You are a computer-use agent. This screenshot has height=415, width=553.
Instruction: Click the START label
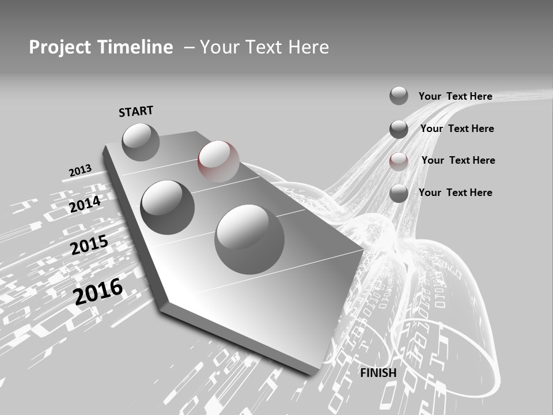point(136,111)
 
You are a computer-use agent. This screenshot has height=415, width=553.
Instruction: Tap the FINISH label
point(378,373)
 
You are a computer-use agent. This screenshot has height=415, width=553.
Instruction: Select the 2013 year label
point(80,170)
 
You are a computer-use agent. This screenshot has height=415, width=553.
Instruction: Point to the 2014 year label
point(85,204)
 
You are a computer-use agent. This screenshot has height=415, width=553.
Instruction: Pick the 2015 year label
point(89,245)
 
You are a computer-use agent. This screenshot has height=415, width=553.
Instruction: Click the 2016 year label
point(99,291)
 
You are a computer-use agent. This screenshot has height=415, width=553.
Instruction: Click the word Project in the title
point(59,47)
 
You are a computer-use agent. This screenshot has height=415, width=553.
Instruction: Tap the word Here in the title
point(308,47)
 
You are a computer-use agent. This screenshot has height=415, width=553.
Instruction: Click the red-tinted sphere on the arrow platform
point(218,161)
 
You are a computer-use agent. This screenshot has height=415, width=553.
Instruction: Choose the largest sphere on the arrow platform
point(249,239)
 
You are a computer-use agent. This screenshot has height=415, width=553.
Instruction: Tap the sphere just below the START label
point(141,142)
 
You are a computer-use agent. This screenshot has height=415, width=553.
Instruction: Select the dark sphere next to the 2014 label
point(168,207)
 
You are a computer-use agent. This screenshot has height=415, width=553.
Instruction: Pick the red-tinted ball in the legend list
point(399,161)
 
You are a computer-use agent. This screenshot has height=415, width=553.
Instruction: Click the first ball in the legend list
point(399,96)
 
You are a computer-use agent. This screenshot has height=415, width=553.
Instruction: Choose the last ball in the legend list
point(399,193)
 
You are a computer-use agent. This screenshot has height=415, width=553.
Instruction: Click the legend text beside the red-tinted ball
point(458,160)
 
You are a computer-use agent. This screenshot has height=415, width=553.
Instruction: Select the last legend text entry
point(455,193)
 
